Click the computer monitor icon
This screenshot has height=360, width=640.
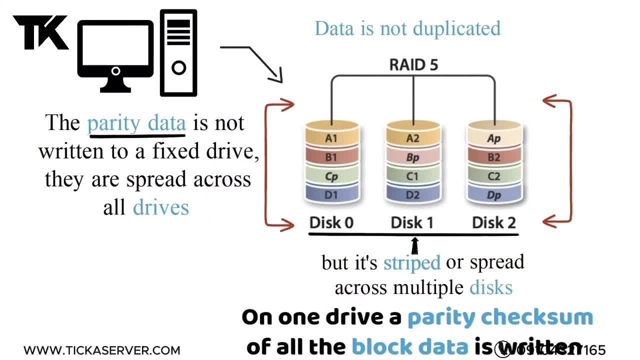tap(115, 56)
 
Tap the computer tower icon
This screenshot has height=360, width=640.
tap(178, 52)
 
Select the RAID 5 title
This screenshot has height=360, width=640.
tap(413, 64)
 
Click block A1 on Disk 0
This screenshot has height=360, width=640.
tap(331, 138)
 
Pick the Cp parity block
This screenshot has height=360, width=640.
tap(331, 176)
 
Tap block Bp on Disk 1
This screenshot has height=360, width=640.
tap(413, 157)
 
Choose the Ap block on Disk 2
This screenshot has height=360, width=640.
tap(494, 138)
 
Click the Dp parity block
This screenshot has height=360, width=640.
tap(494, 195)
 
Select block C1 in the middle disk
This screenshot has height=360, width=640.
tap(413, 176)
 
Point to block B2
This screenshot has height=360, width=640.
tap(494, 157)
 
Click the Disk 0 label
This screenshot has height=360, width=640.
tap(331, 222)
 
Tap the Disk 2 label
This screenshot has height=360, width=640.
tap(494, 222)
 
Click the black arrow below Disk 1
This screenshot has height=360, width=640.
tap(414, 246)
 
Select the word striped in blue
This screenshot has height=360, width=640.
tap(411, 262)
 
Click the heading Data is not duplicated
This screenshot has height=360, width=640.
tap(407, 28)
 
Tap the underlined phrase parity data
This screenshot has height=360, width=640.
tap(136, 123)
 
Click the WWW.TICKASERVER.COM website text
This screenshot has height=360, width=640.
tap(101, 350)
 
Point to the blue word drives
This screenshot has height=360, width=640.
tap(161, 207)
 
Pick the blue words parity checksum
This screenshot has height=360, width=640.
tap(500, 317)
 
